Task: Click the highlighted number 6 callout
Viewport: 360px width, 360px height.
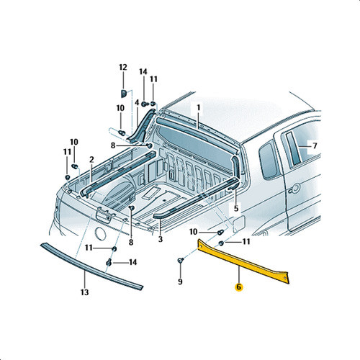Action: (x=239, y=287)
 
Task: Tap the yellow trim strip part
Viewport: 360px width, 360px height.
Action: (x=243, y=261)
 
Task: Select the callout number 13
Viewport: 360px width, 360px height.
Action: (x=84, y=292)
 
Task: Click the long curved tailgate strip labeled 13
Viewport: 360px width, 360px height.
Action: (x=91, y=266)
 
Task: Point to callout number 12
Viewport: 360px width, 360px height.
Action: (x=123, y=67)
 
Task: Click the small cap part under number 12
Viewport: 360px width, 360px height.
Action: (x=123, y=94)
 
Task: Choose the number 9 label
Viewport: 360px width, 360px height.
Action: (x=180, y=282)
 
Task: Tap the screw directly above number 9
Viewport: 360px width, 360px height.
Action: (x=181, y=261)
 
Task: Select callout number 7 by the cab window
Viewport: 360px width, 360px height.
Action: (x=315, y=145)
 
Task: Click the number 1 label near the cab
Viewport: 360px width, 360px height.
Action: (x=199, y=108)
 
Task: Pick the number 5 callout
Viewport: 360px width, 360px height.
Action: (x=236, y=208)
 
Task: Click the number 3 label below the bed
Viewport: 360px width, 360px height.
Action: (x=161, y=239)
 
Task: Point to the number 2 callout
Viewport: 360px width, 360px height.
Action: (x=91, y=159)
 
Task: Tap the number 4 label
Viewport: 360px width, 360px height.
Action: (x=137, y=103)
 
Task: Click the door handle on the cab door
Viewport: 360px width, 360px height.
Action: (x=294, y=189)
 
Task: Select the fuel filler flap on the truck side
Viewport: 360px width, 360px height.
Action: (x=239, y=224)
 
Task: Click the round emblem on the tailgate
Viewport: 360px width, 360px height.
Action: (x=101, y=233)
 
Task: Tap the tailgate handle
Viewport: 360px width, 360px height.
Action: (x=104, y=215)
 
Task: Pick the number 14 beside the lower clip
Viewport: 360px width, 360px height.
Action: (x=133, y=262)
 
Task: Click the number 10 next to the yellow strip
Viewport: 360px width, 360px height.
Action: (x=193, y=232)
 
